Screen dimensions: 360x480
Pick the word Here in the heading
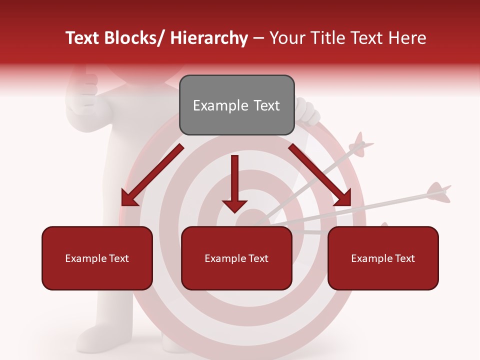(x=407, y=38)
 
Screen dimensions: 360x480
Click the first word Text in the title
(x=83, y=38)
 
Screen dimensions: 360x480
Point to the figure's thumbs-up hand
(x=85, y=90)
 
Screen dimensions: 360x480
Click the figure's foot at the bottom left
(x=95, y=335)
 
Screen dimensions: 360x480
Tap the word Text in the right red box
(x=403, y=258)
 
